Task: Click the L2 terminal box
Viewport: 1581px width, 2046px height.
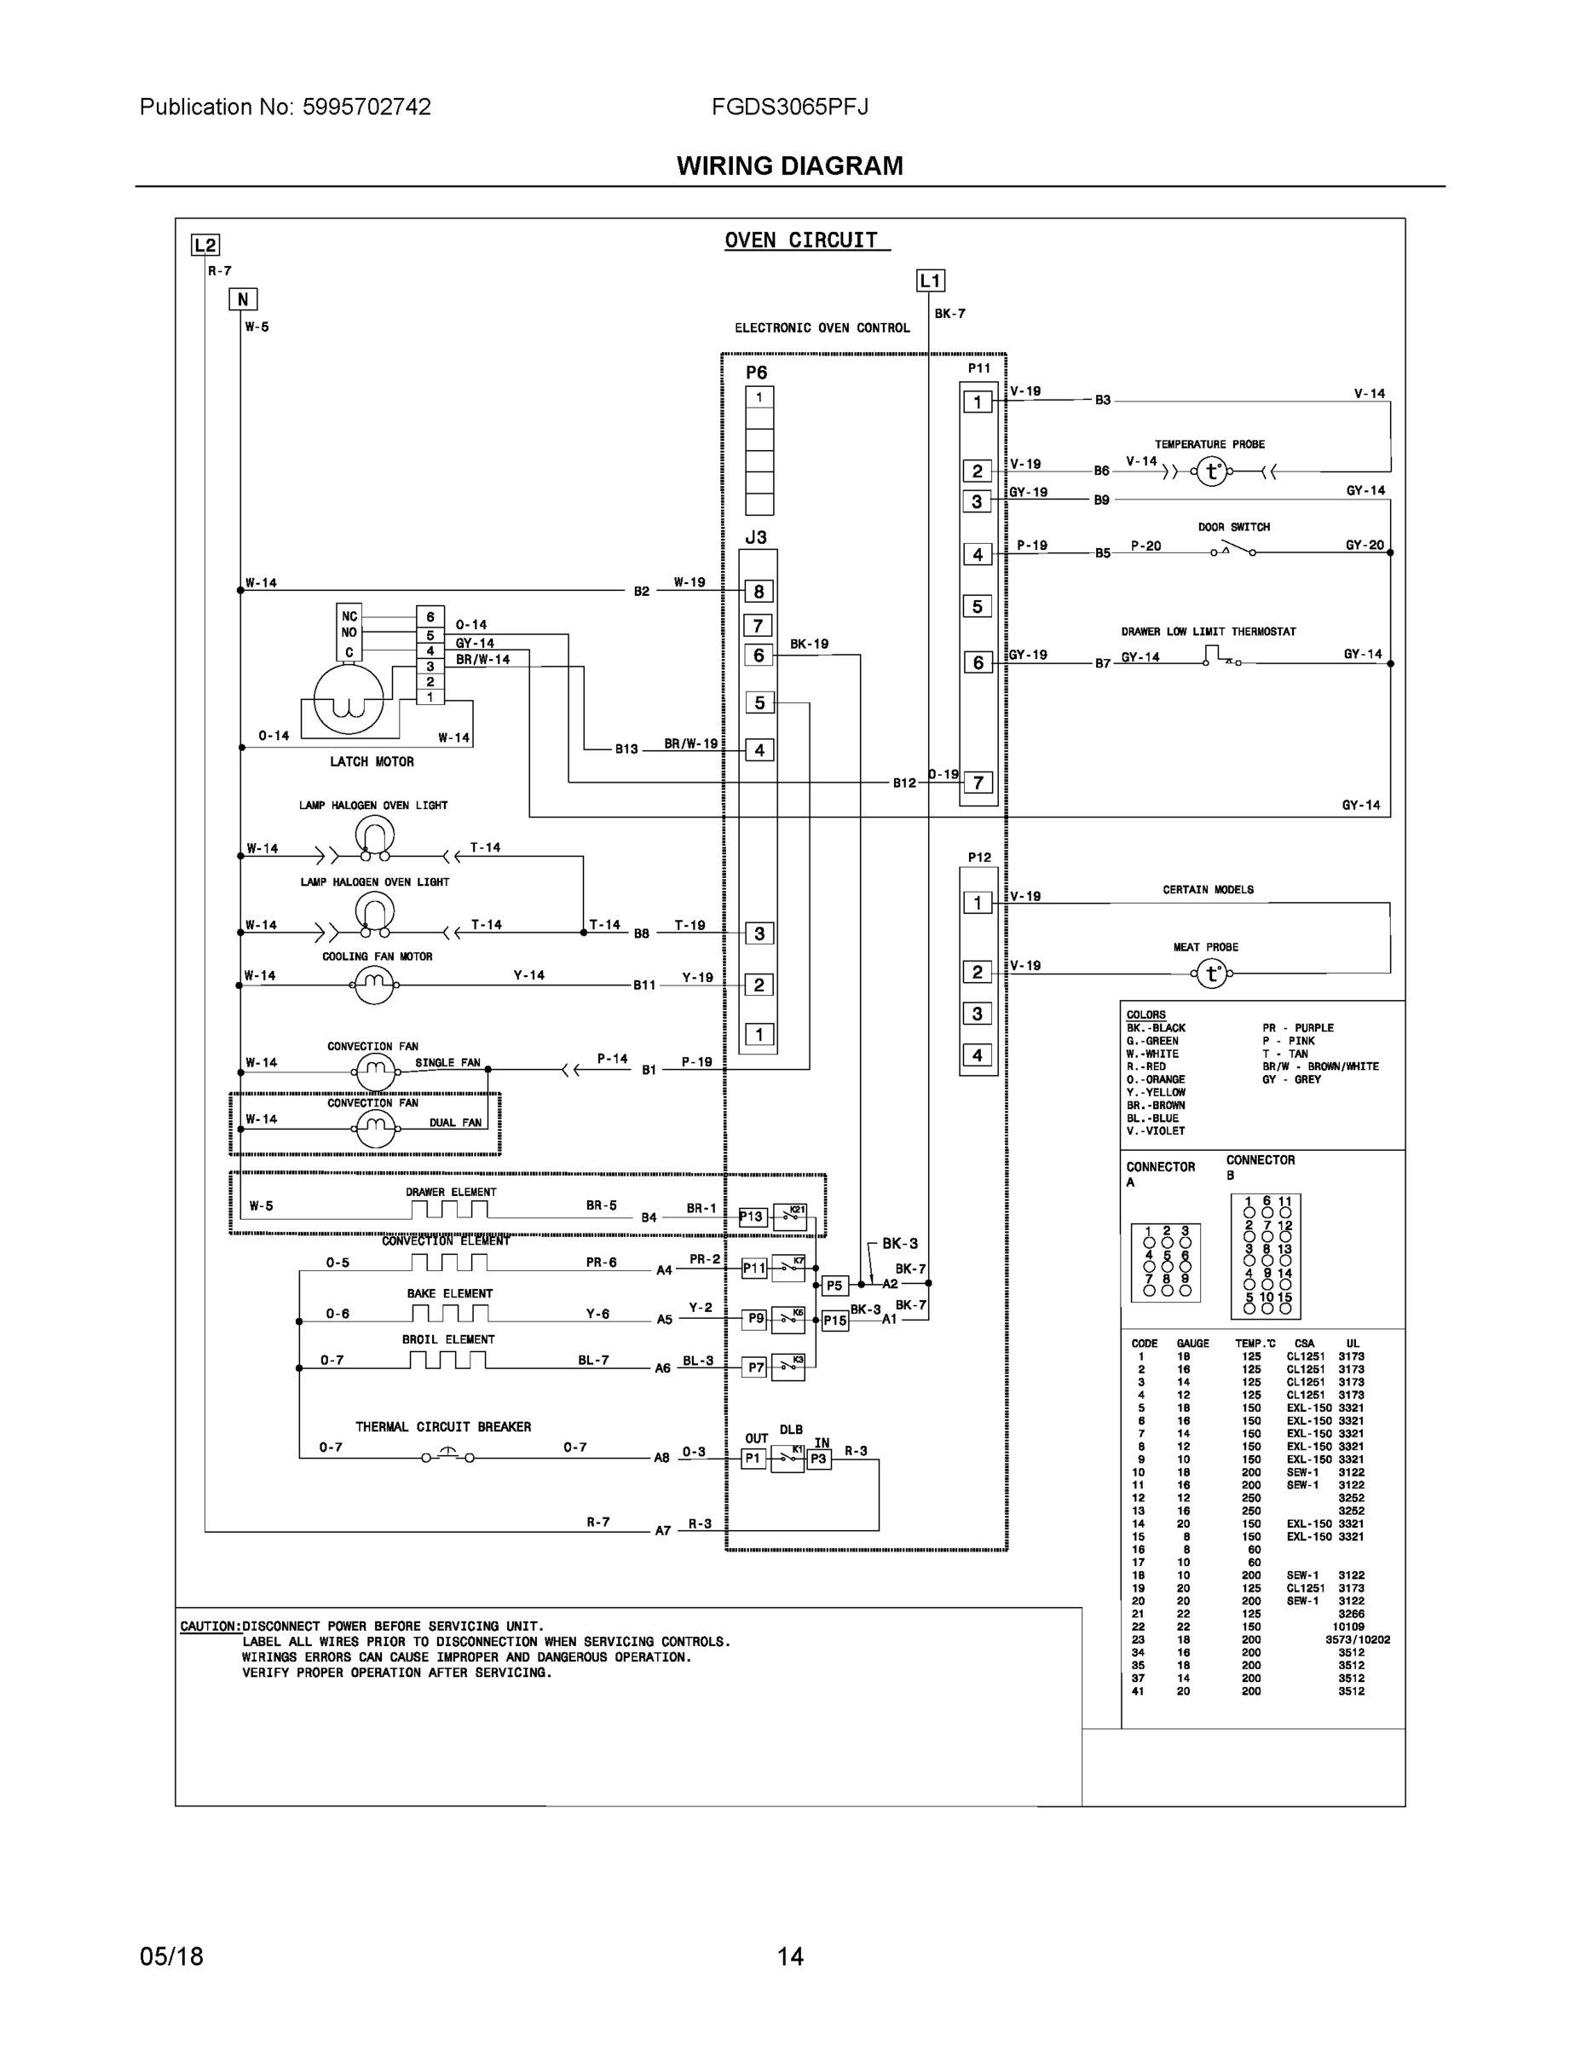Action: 205,246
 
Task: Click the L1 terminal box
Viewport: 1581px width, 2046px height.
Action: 930,281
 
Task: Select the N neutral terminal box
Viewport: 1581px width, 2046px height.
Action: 243,300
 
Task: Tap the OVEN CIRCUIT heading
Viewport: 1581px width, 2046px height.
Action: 802,240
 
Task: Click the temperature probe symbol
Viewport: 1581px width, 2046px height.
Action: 1212,471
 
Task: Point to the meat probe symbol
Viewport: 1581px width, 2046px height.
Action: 1212,974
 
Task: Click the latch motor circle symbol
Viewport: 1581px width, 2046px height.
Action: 349,698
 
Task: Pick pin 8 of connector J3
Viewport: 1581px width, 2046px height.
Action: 759,591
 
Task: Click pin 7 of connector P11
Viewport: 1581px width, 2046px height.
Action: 978,783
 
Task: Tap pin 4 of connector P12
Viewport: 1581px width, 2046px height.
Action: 977,1055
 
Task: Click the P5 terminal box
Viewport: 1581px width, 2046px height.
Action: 834,1286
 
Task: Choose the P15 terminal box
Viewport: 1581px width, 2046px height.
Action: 834,1321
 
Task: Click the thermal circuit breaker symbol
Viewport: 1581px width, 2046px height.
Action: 447,1456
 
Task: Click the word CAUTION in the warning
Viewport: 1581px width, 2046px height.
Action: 210,1627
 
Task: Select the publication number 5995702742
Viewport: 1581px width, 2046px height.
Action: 366,107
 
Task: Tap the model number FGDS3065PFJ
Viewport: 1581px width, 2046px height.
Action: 789,107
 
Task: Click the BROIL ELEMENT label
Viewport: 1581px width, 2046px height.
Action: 448,1339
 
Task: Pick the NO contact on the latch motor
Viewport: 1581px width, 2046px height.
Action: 349,633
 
